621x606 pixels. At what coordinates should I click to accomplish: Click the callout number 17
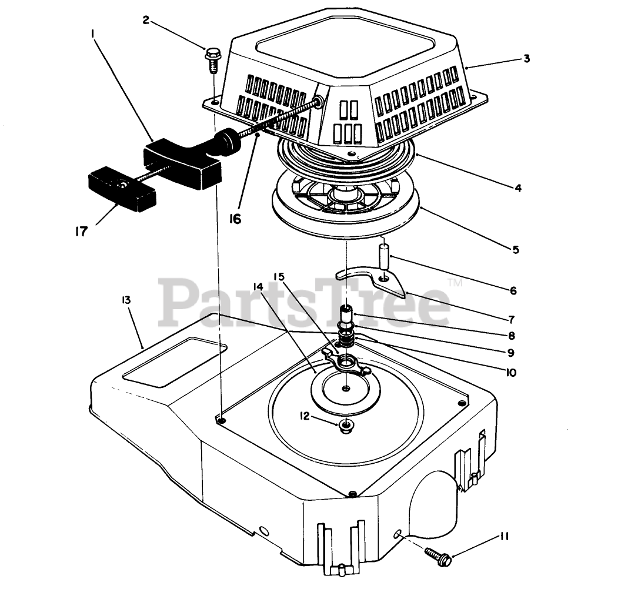coord(81,231)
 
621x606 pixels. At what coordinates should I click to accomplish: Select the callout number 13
coord(126,300)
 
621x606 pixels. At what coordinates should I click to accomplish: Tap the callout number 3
coord(526,58)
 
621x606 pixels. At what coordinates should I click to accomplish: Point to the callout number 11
coord(505,536)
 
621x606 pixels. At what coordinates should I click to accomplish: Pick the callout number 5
coord(515,249)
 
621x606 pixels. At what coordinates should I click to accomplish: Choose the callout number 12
coord(304,416)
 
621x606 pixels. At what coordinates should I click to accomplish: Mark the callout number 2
coord(146,20)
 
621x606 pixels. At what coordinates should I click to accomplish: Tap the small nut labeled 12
coord(348,424)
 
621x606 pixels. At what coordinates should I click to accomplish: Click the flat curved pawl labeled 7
coord(376,278)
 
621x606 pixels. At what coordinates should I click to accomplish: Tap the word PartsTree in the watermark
coord(306,303)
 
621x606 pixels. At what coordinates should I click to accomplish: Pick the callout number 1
coord(93,35)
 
